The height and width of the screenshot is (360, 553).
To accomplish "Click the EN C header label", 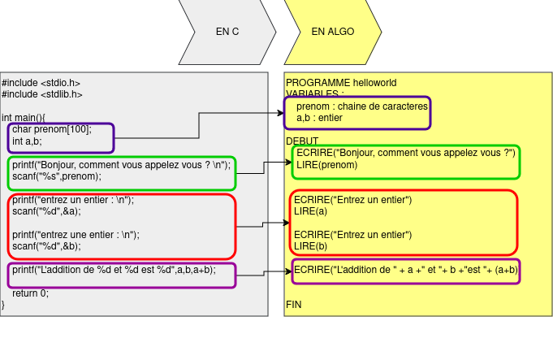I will (x=227, y=33).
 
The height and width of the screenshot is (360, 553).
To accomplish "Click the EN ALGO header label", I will (x=333, y=33).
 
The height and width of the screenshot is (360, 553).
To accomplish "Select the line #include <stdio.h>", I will (x=41, y=83).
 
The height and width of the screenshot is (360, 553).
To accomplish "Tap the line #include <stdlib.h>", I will (x=42, y=94).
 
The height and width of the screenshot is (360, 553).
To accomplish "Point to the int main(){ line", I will (x=24, y=118).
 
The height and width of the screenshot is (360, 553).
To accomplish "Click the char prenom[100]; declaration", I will (x=52, y=129).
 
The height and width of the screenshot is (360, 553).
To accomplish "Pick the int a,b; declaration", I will (x=27, y=141).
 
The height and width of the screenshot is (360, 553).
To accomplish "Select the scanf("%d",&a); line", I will (x=47, y=211).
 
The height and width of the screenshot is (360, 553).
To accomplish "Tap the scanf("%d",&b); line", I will (x=47, y=246).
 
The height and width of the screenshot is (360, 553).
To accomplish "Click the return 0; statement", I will (x=30, y=293).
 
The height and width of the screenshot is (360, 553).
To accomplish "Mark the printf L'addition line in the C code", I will (x=114, y=270).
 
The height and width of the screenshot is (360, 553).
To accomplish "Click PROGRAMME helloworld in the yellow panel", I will (x=341, y=83).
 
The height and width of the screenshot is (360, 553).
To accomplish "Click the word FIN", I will (x=293, y=304).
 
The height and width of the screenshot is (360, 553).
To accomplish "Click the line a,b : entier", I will (x=319, y=118).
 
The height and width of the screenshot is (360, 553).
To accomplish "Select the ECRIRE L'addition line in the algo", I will (x=406, y=270).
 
